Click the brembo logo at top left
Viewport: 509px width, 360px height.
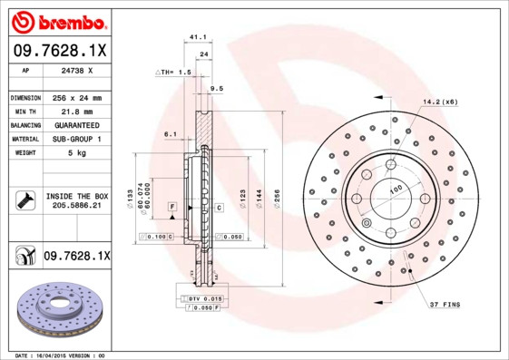pyautogui.click(x=58, y=20)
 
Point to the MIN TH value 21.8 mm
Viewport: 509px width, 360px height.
pyautogui.click(x=73, y=111)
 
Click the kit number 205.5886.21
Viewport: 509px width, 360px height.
pyautogui.click(x=77, y=207)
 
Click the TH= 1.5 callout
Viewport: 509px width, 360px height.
pyautogui.click(x=173, y=71)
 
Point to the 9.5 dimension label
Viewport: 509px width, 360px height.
pyautogui.click(x=216, y=89)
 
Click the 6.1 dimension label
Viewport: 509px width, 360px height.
pyautogui.click(x=170, y=133)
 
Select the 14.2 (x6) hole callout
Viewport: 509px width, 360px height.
pyautogui.click(x=439, y=102)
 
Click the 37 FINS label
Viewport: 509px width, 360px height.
pyautogui.click(x=445, y=305)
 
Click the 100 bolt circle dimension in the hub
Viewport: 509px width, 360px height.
pyautogui.click(x=396, y=189)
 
